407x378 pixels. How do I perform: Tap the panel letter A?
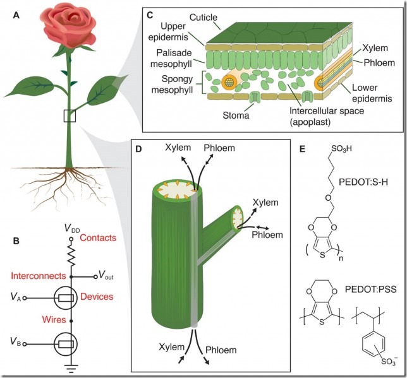pyautogui.click(x=16, y=16)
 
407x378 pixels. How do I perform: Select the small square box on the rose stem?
pyautogui.click(x=70, y=115)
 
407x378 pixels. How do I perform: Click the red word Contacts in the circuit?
pyautogui.click(x=100, y=238)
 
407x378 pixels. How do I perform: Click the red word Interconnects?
pyautogui.click(x=39, y=276)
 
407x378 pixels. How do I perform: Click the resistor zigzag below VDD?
pyautogui.click(x=71, y=256)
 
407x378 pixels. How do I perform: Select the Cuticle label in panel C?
pyautogui.click(x=181, y=20)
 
